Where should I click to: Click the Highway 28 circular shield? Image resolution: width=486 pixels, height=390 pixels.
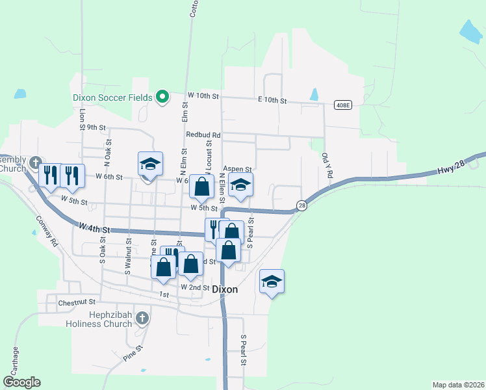coord(301,205)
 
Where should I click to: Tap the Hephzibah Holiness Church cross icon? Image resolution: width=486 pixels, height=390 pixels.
coord(143,318)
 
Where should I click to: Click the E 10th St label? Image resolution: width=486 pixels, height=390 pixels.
coord(272,100)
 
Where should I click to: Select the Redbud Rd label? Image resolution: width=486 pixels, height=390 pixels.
coord(203,135)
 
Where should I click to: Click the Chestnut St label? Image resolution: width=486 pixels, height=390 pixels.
coord(77,302)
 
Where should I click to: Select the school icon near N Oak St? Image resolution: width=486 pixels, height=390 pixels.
coord(150,164)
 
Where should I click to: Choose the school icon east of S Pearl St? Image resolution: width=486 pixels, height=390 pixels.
coord(272,281)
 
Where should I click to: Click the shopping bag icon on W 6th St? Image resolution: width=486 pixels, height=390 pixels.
coord(202,186)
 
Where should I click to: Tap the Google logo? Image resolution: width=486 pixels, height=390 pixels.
coord(21,382)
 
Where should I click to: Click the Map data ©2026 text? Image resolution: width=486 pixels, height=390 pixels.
coord(457,384)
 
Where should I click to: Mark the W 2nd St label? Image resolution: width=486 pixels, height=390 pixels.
coord(195,287)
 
